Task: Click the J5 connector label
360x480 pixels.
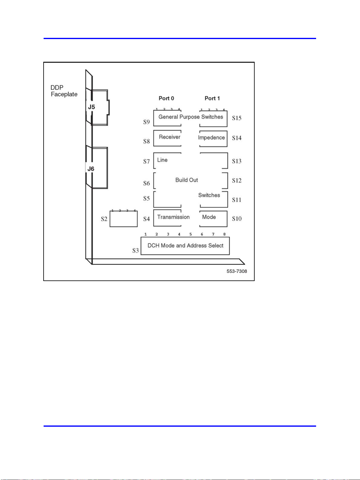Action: pyautogui.click(x=91, y=107)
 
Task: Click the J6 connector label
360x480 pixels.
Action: pyautogui.click(x=91, y=169)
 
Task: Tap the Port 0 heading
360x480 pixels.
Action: pyautogui.click(x=166, y=98)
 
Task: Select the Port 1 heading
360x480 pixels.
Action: pyautogui.click(x=212, y=98)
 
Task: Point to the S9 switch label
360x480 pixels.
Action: pyautogui.click(x=147, y=122)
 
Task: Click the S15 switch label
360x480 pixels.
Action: pyautogui.click(x=237, y=118)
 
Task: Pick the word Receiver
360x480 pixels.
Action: pyautogui.click(x=170, y=137)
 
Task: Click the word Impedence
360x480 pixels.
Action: pyautogui.click(x=211, y=137)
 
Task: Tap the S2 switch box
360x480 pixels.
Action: pyautogui.click(x=124, y=219)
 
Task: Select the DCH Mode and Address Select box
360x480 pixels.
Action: pyautogui.click(x=185, y=246)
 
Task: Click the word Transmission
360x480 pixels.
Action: pyautogui.click(x=173, y=217)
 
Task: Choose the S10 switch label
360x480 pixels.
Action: pyautogui.click(x=237, y=219)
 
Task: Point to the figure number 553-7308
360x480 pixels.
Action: pyautogui.click(x=237, y=271)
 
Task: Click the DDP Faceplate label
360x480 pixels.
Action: pyautogui.click(x=64, y=91)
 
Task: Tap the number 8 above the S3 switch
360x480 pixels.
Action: pyautogui.click(x=224, y=234)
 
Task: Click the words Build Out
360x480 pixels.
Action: pyautogui.click(x=187, y=180)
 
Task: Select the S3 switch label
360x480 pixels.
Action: pyautogui.click(x=135, y=250)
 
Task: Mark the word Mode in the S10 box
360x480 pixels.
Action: pyautogui.click(x=209, y=217)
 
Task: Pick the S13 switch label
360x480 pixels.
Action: pyautogui.click(x=237, y=161)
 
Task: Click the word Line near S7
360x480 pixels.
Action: pyautogui.click(x=162, y=160)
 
